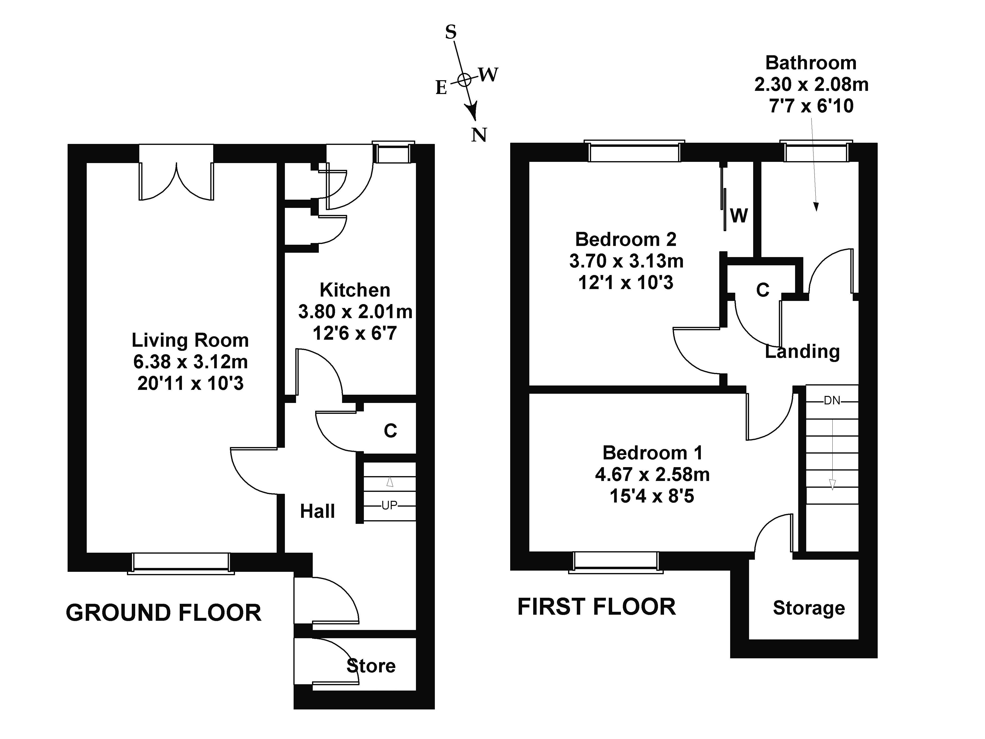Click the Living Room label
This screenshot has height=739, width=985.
coord(190,341)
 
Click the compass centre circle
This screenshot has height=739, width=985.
coord(464,80)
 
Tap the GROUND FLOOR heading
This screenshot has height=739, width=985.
coord(164,613)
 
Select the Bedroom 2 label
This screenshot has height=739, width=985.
coord(626,240)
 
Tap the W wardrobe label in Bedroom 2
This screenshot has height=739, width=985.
coord(739,216)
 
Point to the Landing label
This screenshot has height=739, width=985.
coord(802,352)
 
